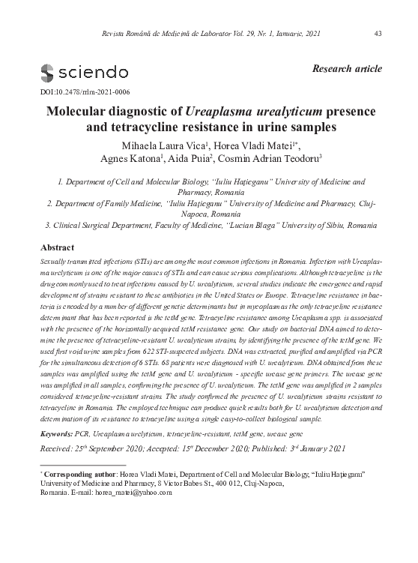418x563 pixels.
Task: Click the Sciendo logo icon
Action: (47, 73)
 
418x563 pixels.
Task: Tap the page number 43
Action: (378, 34)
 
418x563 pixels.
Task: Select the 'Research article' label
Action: (351, 69)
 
